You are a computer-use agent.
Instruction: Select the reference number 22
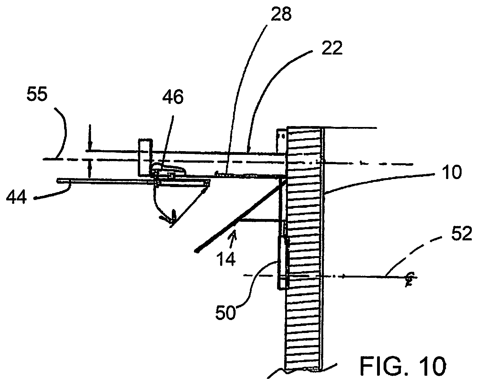pyautogui.click(x=331, y=49)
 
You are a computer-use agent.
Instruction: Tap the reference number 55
pyautogui.click(x=37, y=95)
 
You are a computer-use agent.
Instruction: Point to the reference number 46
pyautogui.click(x=172, y=97)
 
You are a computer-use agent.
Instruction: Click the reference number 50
pyautogui.click(x=226, y=313)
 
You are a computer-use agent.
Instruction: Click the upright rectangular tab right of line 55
pyautogui.click(x=145, y=157)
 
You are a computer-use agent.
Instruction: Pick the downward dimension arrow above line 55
pyautogui.click(x=90, y=138)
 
